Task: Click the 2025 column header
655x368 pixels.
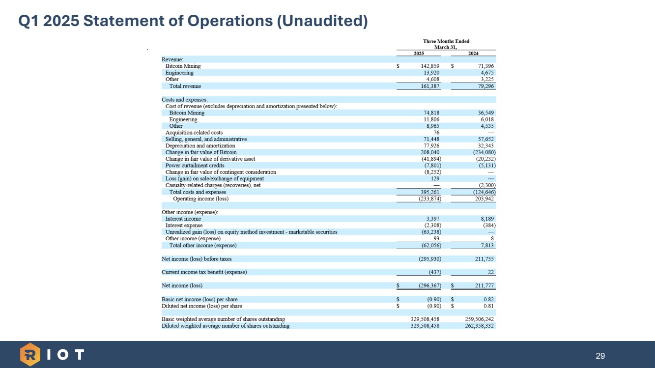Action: point(419,53)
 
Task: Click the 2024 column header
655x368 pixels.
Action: point(474,53)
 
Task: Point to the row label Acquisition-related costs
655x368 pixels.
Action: point(194,133)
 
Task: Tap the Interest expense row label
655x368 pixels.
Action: point(184,226)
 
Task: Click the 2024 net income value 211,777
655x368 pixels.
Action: point(483,285)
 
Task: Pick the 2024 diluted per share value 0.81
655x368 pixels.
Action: point(488,306)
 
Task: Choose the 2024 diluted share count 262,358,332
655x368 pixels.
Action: point(479,326)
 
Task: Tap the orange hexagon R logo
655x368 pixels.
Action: point(30,355)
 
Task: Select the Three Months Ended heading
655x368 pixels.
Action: point(446,42)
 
